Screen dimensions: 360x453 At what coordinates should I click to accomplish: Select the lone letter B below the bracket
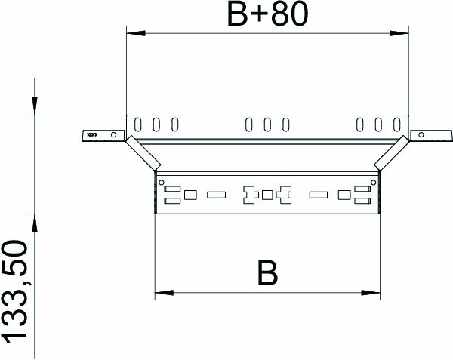click(266, 272)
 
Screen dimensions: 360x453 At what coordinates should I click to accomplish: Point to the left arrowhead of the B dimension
click(162, 292)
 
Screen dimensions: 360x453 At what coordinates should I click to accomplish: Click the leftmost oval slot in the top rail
click(138, 124)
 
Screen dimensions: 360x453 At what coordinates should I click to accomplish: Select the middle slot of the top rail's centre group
click(267, 124)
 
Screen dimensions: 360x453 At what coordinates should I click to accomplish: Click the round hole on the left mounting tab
click(114, 134)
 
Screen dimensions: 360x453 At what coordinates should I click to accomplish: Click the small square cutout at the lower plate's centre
click(267, 195)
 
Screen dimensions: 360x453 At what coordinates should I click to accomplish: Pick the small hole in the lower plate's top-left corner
click(161, 181)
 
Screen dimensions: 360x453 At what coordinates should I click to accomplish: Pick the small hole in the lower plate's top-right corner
click(373, 181)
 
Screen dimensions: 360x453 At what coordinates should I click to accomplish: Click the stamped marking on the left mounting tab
click(93, 134)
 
